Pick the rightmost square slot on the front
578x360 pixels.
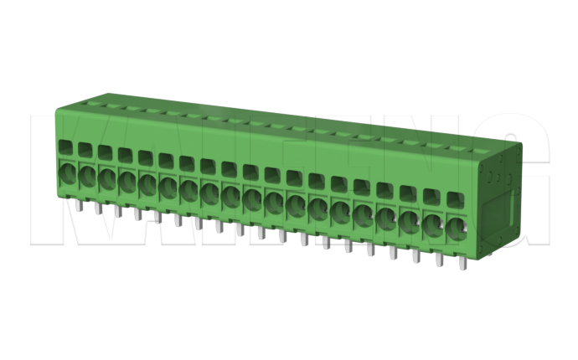455,201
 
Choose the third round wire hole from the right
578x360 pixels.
411,219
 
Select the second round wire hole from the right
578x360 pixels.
434,223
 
